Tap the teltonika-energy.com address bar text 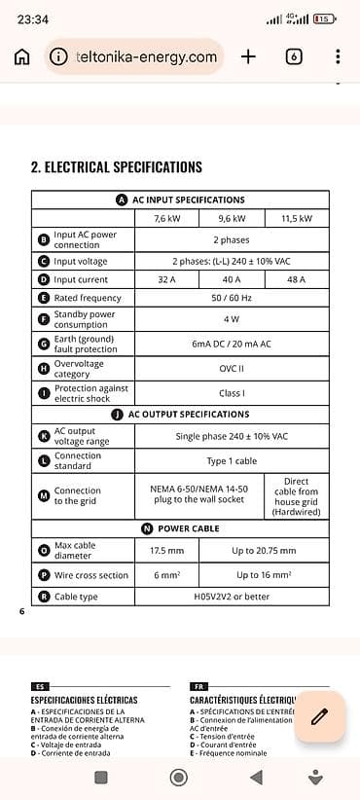tap(146, 56)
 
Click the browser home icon tap(21, 56)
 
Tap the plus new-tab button tap(248, 56)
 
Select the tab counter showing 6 tap(294, 56)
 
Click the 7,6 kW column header tap(166, 219)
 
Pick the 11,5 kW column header tap(297, 219)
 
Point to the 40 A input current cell tap(232, 279)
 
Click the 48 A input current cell tap(297, 279)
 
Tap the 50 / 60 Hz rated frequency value tap(232, 298)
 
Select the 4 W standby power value tap(232, 319)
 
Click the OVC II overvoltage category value tap(232, 369)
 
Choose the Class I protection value tap(232, 393)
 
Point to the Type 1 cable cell tap(232, 461)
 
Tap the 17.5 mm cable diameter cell tap(166, 550)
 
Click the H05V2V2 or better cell tap(232, 597)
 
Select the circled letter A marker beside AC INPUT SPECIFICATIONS tap(122, 200)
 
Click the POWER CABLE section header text tap(188, 528)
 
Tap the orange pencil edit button tap(319, 717)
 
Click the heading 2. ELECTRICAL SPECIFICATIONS tap(117, 167)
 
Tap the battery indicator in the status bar tap(325, 18)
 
